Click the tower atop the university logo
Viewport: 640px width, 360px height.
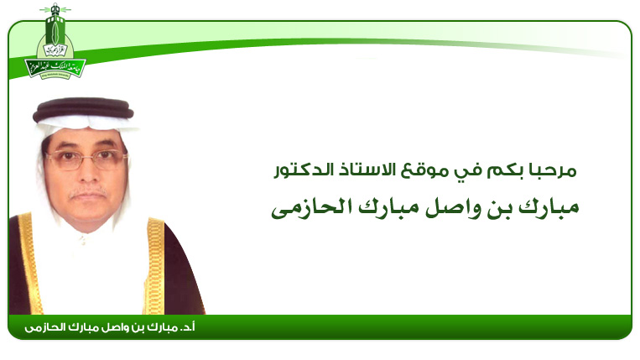(55, 25)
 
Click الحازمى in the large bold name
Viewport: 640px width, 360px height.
(312, 207)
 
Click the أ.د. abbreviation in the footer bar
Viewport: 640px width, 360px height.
(187, 327)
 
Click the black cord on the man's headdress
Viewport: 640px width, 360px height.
(83, 108)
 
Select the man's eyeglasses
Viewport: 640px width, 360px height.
(86, 159)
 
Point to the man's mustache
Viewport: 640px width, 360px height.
(87, 192)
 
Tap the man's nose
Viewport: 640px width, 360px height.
(87, 174)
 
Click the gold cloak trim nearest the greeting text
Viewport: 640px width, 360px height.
(155, 266)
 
